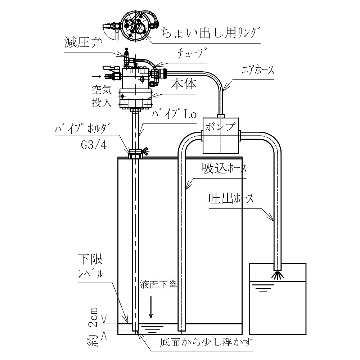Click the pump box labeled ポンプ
221,135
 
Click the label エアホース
258,70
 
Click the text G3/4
94,145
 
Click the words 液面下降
158,285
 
